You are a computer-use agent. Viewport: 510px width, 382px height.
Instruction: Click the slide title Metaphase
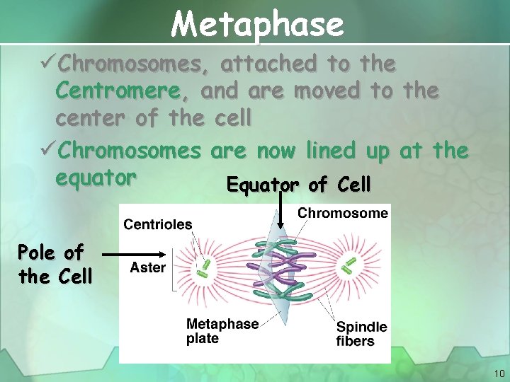click(257, 24)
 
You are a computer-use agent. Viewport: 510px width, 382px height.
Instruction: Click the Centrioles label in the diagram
click(157, 224)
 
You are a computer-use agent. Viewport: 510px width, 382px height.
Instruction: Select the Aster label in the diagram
click(147, 267)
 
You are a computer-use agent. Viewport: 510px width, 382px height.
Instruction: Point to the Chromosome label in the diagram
click(342, 213)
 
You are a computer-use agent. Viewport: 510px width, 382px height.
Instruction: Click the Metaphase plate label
click(222, 331)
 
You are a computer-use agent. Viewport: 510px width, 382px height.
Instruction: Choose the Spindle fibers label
click(361, 334)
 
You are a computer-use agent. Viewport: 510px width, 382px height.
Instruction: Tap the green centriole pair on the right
click(348, 265)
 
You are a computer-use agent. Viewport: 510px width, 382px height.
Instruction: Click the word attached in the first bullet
click(268, 64)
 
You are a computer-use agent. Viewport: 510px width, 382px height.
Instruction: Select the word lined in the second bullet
click(332, 151)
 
